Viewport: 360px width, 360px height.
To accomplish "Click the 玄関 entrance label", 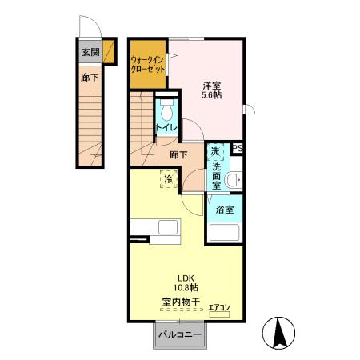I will point(90,53).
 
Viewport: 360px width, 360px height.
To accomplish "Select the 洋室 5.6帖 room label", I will point(211,89).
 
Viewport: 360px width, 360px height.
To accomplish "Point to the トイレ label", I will point(166,127).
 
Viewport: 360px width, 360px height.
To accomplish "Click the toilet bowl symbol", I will point(166,110).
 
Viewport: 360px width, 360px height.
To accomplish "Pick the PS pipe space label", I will point(238,148).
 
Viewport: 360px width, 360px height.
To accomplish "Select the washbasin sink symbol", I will point(233,181).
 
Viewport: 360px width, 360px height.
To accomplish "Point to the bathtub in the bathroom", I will point(226,233).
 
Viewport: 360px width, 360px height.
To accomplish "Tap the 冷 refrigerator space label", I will point(169,180).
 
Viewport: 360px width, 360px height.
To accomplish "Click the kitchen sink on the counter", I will point(168,227).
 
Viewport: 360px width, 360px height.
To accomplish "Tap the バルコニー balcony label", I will point(174,334).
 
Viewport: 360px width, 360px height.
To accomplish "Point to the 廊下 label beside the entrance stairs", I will point(89,78).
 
